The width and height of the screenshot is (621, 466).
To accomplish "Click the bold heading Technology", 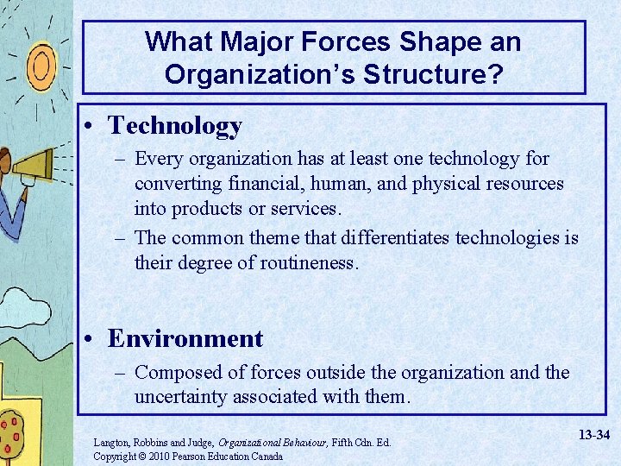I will click(175, 126).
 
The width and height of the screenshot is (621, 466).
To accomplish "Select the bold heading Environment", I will click(185, 338).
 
